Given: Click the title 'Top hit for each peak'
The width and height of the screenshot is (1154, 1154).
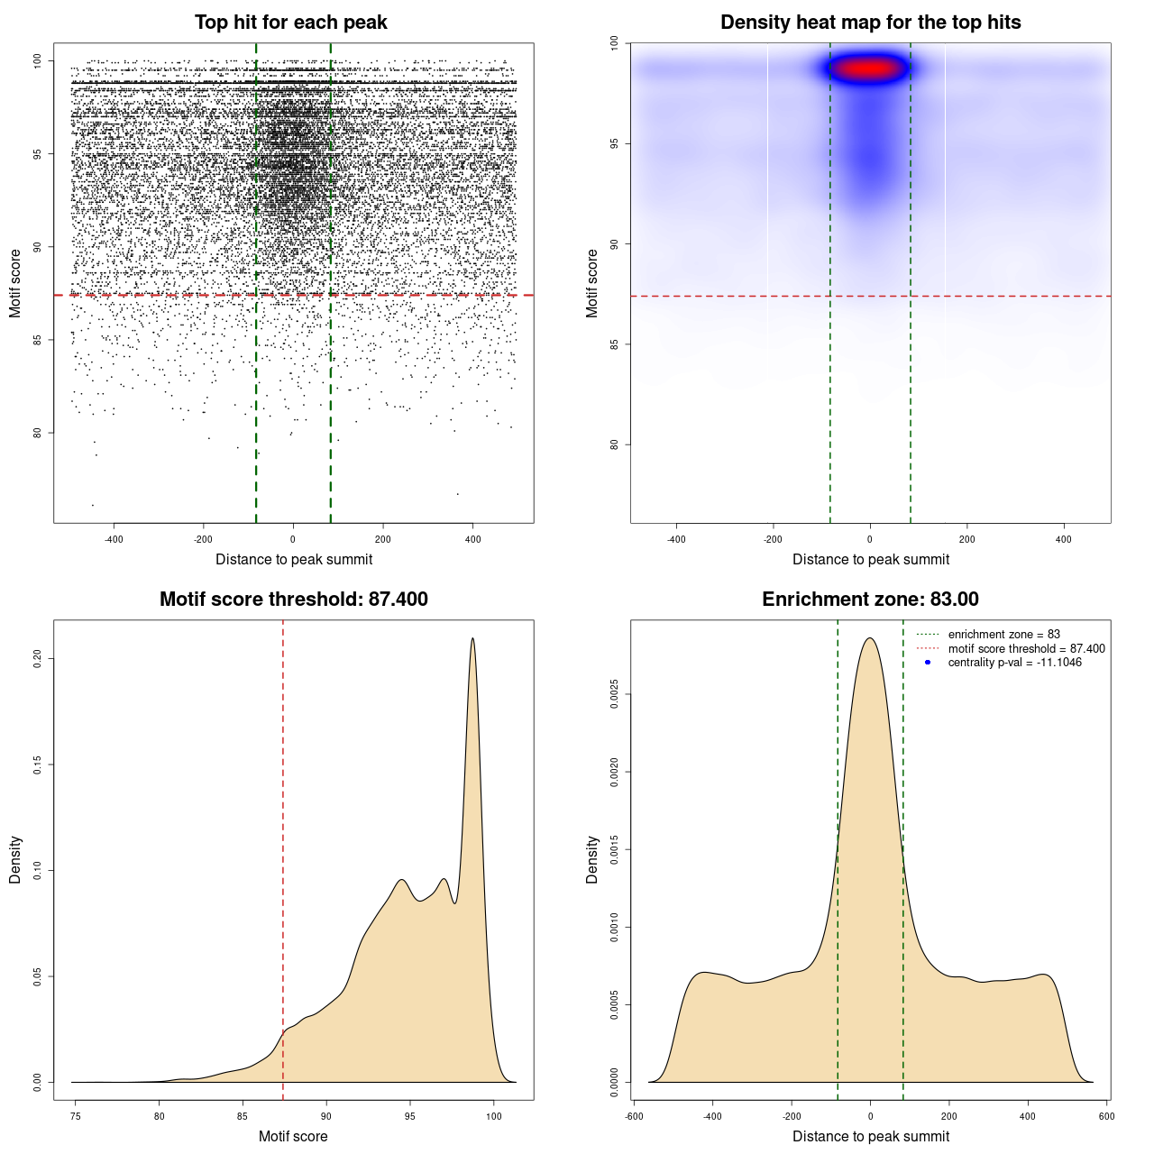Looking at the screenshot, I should [x=290, y=23].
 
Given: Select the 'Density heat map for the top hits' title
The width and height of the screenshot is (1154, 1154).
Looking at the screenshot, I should [x=870, y=23].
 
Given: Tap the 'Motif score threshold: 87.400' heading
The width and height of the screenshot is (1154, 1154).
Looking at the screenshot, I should [x=293, y=600].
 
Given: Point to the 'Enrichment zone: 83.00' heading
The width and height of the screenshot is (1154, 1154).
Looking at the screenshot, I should [x=870, y=600].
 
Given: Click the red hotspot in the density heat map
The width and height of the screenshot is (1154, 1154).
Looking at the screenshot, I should [x=868, y=68].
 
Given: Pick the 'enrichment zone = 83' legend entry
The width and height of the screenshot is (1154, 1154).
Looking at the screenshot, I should [x=1003, y=635].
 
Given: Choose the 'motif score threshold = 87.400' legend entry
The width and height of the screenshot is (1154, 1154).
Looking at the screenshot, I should [x=1026, y=649].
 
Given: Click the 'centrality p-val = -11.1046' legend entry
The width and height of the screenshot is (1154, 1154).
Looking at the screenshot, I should [x=1014, y=663].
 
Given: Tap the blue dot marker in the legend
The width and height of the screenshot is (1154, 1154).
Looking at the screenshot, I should [x=928, y=663].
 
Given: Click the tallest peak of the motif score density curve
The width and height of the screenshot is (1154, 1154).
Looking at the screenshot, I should [x=472, y=639].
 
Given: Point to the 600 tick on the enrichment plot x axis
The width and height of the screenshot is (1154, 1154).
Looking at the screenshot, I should [x=1107, y=1116].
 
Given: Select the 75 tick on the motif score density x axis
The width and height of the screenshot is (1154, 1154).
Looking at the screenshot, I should [x=76, y=1116].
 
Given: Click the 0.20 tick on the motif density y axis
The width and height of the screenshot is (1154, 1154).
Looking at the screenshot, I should [x=38, y=659].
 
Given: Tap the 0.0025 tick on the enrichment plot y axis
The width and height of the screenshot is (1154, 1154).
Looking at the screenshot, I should [x=615, y=694].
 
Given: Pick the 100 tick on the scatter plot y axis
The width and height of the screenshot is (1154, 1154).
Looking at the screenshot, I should [x=38, y=61].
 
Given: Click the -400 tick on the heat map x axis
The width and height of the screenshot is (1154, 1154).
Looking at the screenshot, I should [x=676, y=539].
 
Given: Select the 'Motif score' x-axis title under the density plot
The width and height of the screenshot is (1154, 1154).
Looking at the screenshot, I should [x=293, y=1136].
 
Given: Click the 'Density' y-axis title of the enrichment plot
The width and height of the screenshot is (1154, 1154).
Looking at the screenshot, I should [x=592, y=859].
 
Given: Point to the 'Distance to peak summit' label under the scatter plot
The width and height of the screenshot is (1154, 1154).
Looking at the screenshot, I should [x=294, y=559].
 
